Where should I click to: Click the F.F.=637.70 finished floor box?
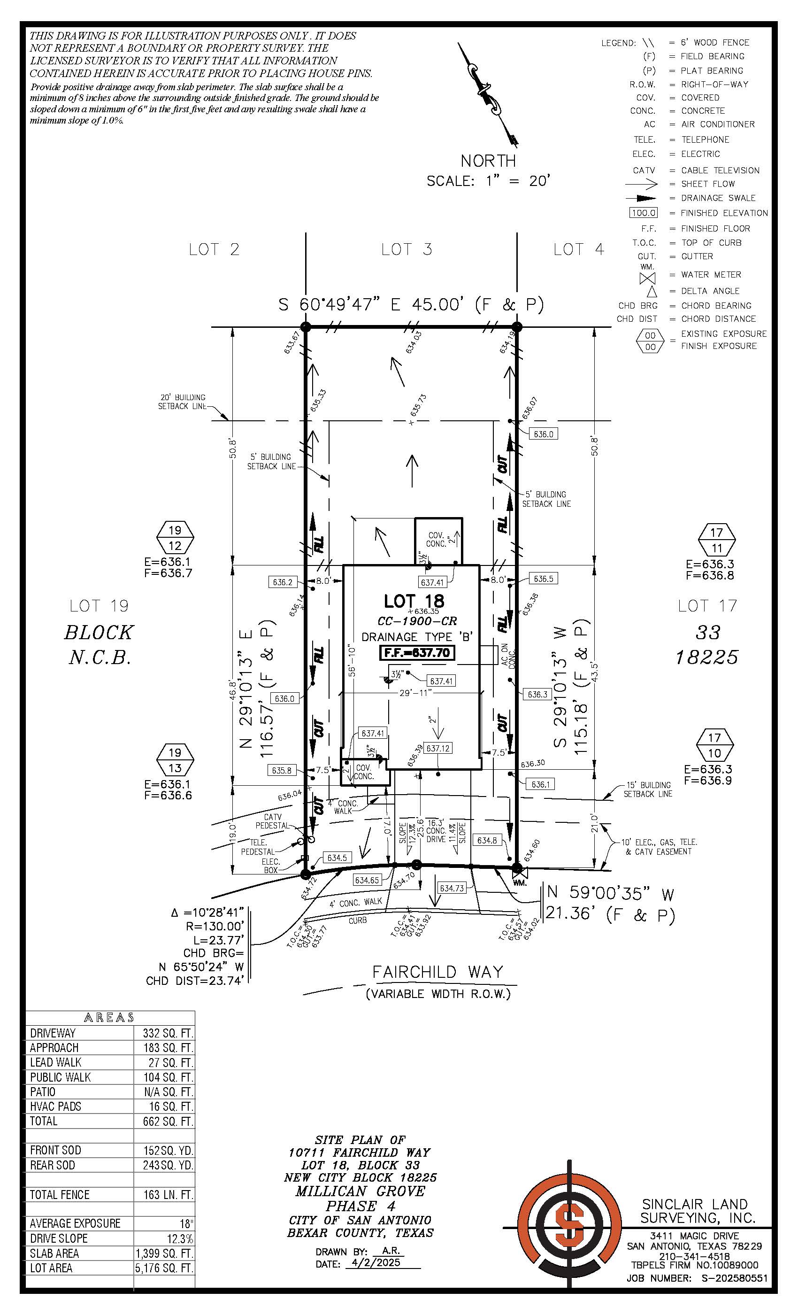(417, 653)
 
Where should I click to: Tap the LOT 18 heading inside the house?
(414, 602)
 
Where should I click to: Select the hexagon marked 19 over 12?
(175, 538)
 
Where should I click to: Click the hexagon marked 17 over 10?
(715, 746)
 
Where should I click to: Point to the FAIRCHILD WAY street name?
(437, 972)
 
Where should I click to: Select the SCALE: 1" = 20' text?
(488, 181)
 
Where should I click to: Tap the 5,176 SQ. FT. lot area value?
(164, 1268)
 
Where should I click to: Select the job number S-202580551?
(730, 1278)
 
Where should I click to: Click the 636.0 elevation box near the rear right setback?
(544, 434)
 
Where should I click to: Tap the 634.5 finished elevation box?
(337, 858)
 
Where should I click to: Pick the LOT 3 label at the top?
(407, 249)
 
